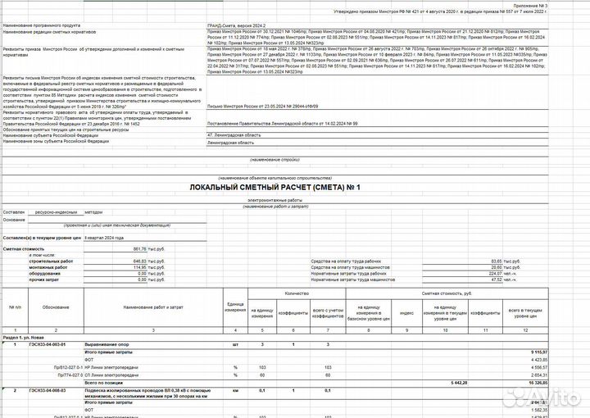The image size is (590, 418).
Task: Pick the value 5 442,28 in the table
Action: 463,383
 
